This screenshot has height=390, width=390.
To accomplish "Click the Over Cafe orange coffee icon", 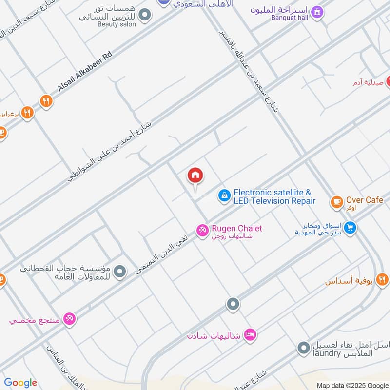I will point(336,201).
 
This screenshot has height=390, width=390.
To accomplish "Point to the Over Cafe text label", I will point(365,200).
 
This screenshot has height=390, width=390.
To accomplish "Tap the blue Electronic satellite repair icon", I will point(224,196).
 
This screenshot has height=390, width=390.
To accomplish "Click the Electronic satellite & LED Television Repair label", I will point(274,197).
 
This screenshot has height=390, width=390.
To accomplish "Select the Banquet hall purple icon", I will point(317,12).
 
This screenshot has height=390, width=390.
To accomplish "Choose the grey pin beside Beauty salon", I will point(144,16).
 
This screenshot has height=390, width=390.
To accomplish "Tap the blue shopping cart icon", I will point(350,228).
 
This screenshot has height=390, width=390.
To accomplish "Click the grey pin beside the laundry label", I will point(304,348).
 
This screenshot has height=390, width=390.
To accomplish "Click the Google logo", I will point(20,383).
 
